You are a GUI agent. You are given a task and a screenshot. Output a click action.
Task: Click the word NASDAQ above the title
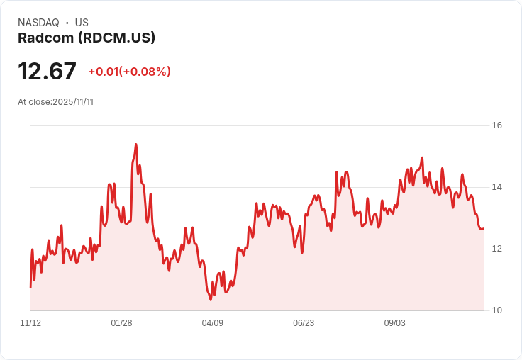click(38, 23)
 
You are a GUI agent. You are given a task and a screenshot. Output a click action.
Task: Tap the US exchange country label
click(82, 23)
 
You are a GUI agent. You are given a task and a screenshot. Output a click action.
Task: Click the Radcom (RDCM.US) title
click(87, 38)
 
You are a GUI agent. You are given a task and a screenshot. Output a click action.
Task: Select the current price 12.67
click(47, 71)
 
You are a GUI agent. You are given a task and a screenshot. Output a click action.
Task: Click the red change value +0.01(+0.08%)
click(129, 72)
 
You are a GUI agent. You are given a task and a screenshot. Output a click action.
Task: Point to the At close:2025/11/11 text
click(55, 102)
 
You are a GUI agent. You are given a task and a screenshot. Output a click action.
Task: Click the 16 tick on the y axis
click(496, 125)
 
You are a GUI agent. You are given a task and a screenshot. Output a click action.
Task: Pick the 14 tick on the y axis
click(496, 187)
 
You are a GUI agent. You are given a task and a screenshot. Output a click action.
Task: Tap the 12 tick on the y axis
click(496, 249)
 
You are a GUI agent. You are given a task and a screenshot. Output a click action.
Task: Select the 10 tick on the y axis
click(496, 310)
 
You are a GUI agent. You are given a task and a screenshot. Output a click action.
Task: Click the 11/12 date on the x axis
click(30, 323)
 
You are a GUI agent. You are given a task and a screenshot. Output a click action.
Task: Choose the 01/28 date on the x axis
click(121, 323)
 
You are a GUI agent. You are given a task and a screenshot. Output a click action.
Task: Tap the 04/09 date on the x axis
click(212, 323)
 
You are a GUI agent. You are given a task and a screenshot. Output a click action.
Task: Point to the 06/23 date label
click(304, 323)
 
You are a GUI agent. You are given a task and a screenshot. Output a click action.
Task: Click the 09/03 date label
click(394, 323)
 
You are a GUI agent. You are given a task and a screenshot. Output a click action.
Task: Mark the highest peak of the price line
click(136, 145)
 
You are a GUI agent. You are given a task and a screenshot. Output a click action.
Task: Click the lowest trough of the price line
click(211, 300)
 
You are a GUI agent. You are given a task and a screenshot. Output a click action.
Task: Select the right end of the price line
click(484, 229)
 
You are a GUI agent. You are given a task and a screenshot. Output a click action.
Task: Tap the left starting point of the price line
click(30, 287)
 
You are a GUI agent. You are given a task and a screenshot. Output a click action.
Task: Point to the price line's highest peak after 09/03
click(422, 158)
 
